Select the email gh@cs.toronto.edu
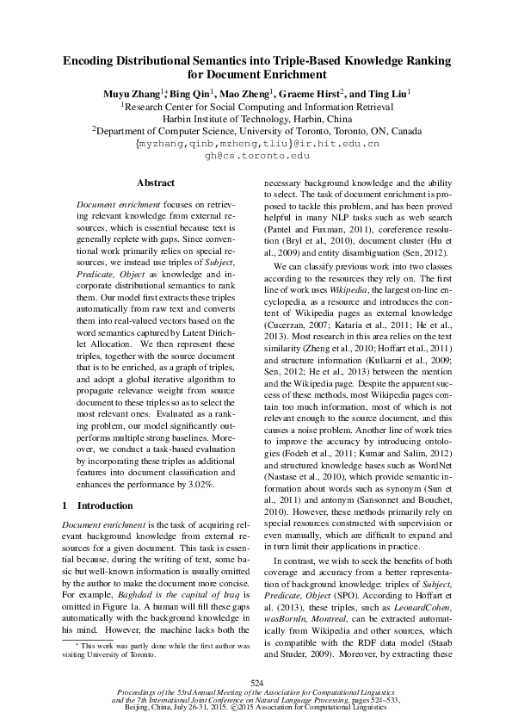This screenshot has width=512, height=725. pos(256,156)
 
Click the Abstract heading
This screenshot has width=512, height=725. pos(156,183)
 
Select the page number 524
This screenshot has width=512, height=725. pos(256,682)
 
